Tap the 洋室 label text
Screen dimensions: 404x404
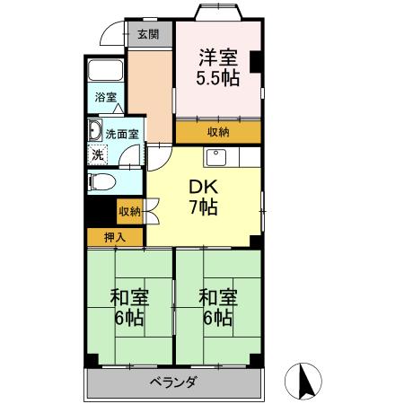(x=217, y=56)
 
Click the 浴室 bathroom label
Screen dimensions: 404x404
(x=105, y=98)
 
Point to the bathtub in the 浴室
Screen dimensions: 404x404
(x=107, y=71)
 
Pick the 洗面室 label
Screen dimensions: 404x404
(x=121, y=134)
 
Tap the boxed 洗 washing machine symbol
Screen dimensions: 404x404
(x=96, y=154)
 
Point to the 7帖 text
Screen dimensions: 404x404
(x=201, y=208)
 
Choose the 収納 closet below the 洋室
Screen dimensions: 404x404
(x=217, y=132)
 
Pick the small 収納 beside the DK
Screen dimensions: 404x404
(x=129, y=212)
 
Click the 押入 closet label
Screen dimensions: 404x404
(x=114, y=237)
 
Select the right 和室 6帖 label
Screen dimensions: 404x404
(x=217, y=307)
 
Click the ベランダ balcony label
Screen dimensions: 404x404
(x=174, y=382)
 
